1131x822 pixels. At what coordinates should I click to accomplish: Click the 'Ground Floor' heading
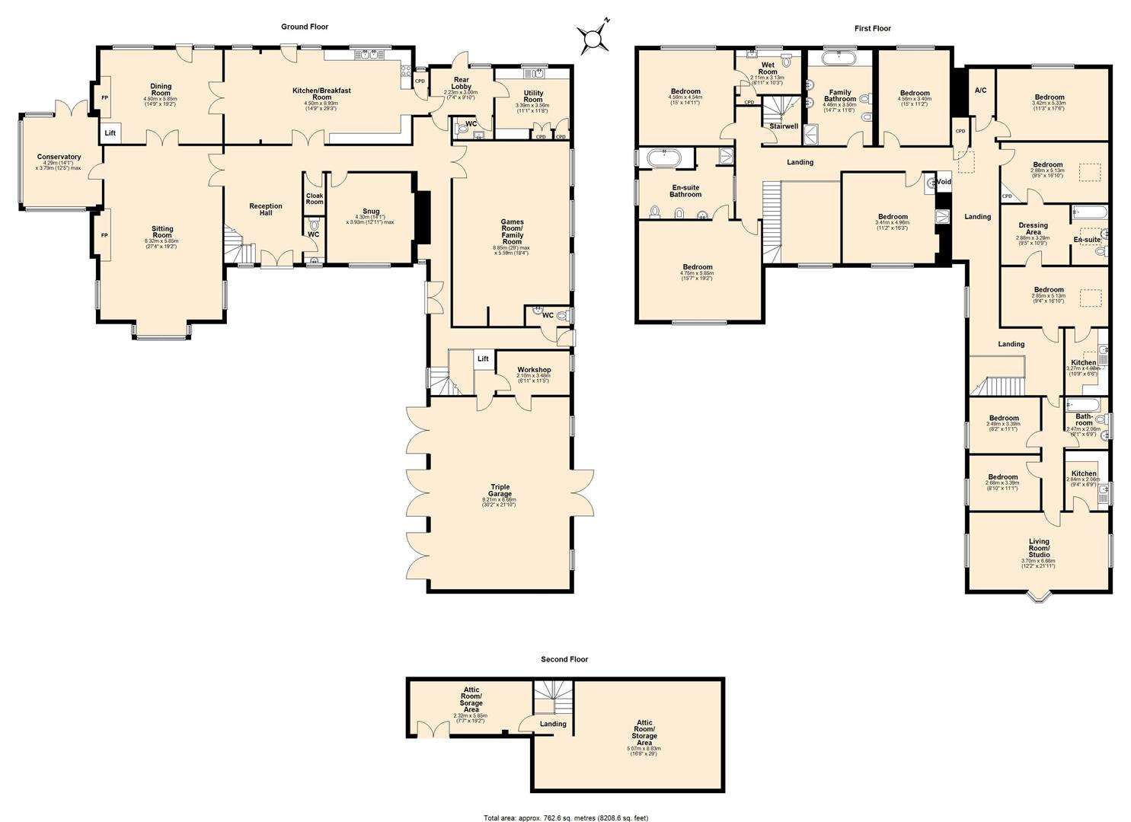click(x=305, y=27)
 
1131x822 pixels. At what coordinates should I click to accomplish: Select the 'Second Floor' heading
click(x=564, y=659)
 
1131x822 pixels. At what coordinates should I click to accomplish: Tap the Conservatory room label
click(x=59, y=158)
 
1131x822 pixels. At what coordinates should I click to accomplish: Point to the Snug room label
click(x=371, y=212)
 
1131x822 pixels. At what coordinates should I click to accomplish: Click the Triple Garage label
click(x=500, y=491)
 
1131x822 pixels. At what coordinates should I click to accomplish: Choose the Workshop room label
click(x=533, y=370)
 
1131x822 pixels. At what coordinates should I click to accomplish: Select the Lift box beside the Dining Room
click(x=110, y=133)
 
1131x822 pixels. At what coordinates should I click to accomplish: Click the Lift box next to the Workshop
click(x=483, y=359)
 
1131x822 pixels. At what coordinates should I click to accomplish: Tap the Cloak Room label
click(x=315, y=199)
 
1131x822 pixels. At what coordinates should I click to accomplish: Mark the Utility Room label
click(x=533, y=97)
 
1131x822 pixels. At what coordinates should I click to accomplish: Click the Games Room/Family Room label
click(x=512, y=231)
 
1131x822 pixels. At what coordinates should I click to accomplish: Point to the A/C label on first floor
click(x=980, y=91)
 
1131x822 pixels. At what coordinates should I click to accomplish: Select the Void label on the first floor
click(x=944, y=182)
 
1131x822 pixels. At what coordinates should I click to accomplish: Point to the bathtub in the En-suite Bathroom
click(x=666, y=159)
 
